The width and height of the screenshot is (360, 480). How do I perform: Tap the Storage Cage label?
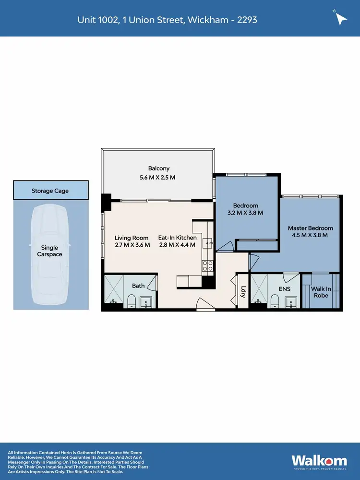pyautogui.click(x=50, y=191)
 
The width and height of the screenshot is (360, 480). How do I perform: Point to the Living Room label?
pyautogui.click(x=131, y=238)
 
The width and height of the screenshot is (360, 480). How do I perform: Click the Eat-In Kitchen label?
pyautogui.click(x=177, y=238)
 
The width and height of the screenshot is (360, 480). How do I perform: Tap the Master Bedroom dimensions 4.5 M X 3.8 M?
pyautogui.click(x=310, y=235)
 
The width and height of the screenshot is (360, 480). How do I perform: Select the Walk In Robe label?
pyautogui.click(x=320, y=292)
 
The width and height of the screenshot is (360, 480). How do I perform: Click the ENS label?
pyautogui.click(x=284, y=289)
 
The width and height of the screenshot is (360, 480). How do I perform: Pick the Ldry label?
pyautogui.click(x=243, y=291)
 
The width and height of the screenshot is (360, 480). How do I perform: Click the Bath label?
pyautogui.click(x=138, y=286)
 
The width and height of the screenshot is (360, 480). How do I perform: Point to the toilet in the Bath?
pyautogui.click(x=131, y=301)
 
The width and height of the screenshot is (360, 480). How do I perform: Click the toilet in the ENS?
pyautogui.click(x=275, y=301)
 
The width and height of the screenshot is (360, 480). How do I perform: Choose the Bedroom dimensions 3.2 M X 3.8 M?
pyautogui.click(x=245, y=213)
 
